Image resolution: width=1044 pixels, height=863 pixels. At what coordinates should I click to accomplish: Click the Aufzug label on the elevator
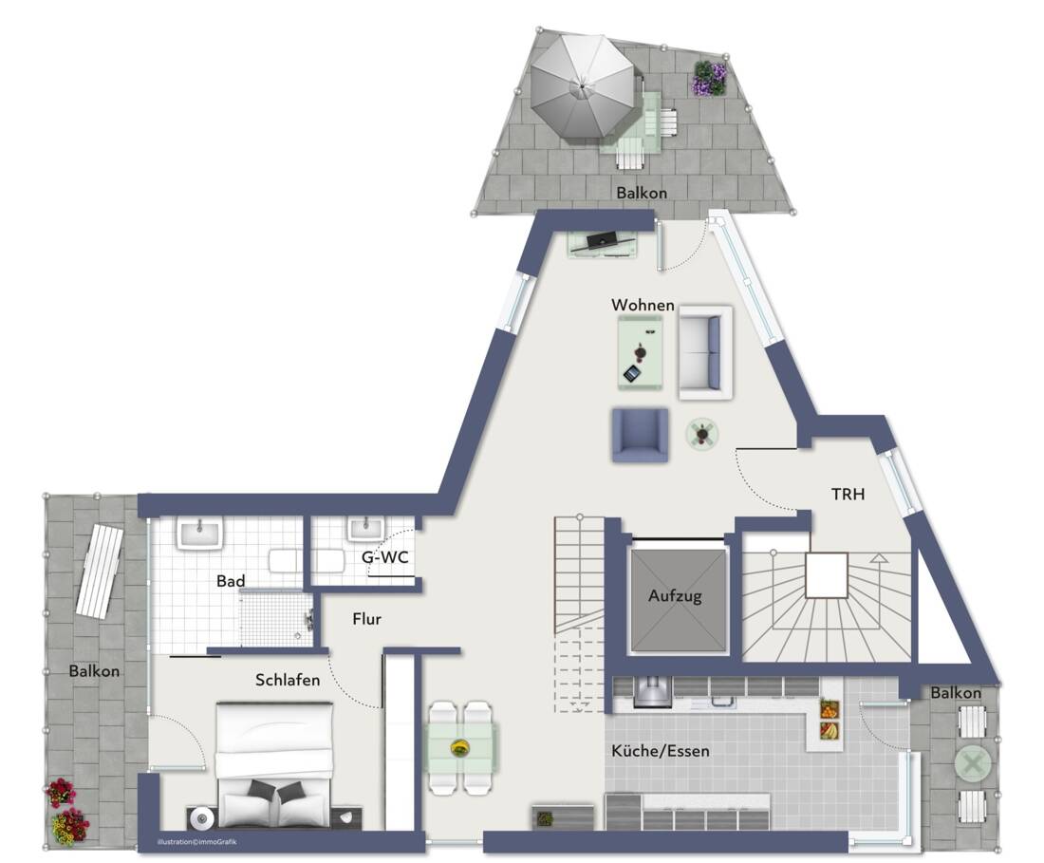(x=675, y=597)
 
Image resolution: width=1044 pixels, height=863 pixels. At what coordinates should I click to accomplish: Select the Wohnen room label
(x=643, y=305)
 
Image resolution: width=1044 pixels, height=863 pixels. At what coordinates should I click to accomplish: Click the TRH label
(x=848, y=495)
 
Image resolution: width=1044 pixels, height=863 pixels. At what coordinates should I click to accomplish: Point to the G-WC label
(x=384, y=557)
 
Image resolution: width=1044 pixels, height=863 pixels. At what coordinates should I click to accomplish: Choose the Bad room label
(x=231, y=580)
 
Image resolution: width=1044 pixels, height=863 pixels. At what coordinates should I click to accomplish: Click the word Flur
(x=366, y=619)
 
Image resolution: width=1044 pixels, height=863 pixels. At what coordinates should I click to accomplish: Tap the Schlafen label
(x=287, y=680)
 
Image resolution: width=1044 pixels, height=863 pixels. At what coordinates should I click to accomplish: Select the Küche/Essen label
(x=661, y=751)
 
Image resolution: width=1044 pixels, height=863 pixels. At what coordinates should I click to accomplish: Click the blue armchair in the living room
(x=640, y=436)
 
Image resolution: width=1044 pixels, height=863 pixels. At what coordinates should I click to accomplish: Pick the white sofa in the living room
(x=704, y=351)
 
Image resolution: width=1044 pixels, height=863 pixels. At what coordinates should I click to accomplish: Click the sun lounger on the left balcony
(x=100, y=571)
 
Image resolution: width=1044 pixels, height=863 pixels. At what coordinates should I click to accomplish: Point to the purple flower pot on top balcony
(x=709, y=78)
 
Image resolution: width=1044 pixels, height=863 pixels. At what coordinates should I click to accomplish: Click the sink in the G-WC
(x=364, y=528)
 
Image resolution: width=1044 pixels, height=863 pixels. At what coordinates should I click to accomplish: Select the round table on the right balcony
(x=972, y=763)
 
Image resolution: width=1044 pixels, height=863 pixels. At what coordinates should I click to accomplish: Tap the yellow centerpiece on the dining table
(x=460, y=747)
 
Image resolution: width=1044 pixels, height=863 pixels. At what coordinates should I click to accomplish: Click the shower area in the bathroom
(x=274, y=617)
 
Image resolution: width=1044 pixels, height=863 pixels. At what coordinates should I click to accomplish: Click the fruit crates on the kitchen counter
(x=830, y=719)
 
